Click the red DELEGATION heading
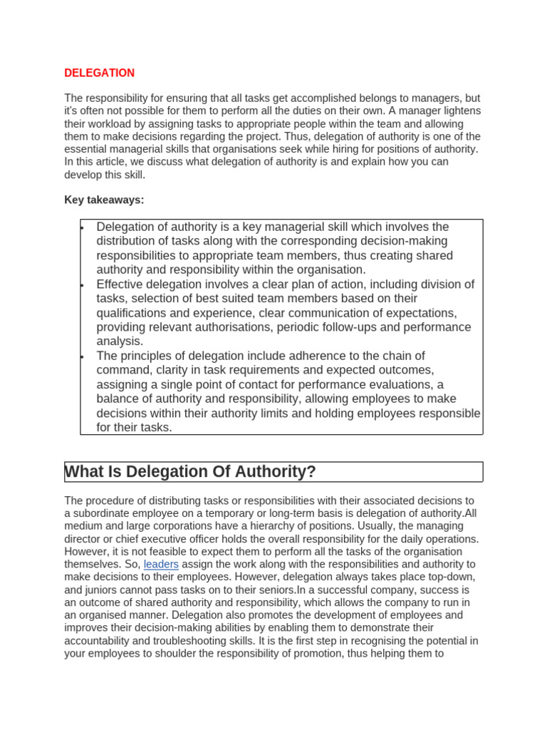pos(99,73)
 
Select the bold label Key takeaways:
pos(104,200)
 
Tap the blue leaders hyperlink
pos(161,564)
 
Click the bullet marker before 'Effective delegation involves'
pos(83,285)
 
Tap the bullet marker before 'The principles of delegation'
pos(83,356)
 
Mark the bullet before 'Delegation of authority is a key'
pos(83,227)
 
